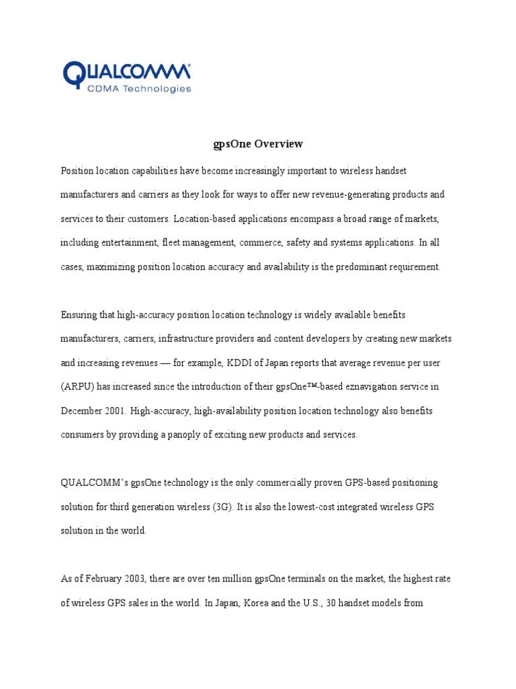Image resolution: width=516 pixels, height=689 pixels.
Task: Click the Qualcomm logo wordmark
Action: (x=126, y=71)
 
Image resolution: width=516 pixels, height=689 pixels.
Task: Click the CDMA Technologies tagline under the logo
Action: (x=139, y=88)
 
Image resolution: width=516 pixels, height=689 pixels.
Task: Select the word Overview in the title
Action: (x=278, y=144)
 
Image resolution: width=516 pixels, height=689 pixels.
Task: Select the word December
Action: (x=83, y=410)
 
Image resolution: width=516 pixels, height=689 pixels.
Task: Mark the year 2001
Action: (x=114, y=410)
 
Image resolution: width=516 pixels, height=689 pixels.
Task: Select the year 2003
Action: (x=128, y=579)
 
